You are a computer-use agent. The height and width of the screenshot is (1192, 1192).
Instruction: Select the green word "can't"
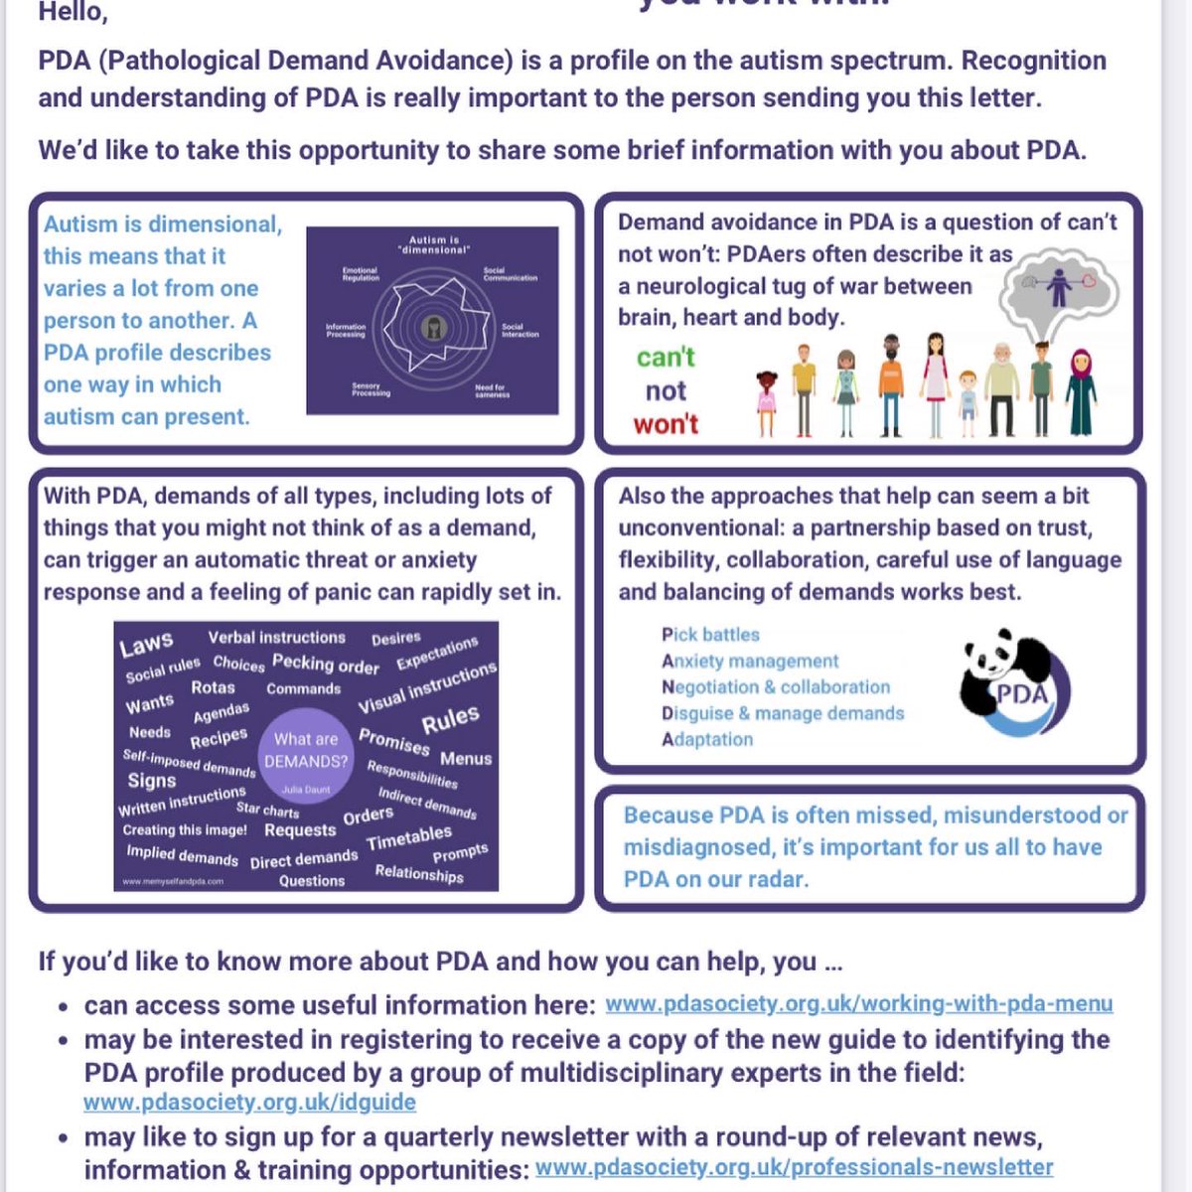[x=666, y=357]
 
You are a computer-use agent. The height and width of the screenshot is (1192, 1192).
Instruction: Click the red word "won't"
[x=666, y=424]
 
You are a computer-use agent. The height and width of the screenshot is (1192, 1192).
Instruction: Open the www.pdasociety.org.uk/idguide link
[x=249, y=1102]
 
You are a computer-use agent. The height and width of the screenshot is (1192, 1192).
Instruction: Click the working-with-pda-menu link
[x=858, y=1004]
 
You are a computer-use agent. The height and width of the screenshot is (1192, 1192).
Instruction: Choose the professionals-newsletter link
[x=794, y=1167]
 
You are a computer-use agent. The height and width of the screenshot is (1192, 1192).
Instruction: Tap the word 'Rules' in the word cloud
[x=450, y=719]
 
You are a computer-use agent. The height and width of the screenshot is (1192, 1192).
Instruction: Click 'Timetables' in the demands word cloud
[x=408, y=838]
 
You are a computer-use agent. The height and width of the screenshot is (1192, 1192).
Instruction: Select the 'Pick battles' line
[x=710, y=635]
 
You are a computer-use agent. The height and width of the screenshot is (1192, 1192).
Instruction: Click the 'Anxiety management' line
[x=750, y=661]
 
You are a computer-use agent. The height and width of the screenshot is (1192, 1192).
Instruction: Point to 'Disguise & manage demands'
[x=783, y=713]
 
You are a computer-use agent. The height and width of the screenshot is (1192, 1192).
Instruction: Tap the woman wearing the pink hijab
[x=1081, y=392]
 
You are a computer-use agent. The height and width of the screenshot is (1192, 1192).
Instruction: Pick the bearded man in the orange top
[x=890, y=385]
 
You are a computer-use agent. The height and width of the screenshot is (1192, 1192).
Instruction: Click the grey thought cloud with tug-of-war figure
[x=1059, y=292]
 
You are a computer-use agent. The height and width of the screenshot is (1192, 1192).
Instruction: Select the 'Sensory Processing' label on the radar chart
[x=371, y=389]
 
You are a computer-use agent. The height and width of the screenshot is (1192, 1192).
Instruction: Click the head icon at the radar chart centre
[x=432, y=327]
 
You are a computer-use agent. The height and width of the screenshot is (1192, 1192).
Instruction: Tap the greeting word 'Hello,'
[x=73, y=13]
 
